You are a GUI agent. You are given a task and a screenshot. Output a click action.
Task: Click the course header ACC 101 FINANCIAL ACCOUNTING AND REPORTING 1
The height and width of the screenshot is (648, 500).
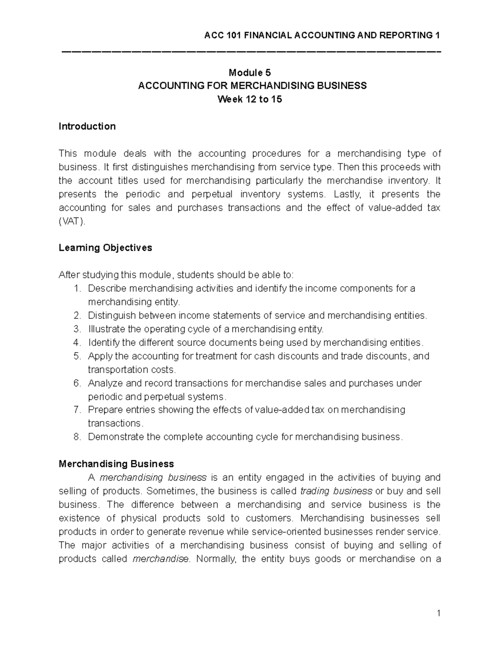click(322, 35)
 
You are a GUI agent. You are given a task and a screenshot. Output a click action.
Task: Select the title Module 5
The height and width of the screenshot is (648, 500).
click(252, 73)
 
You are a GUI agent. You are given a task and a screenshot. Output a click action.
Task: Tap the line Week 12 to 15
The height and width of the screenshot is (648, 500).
click(252, 99)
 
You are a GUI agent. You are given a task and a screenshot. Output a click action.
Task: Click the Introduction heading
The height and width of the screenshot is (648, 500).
click(87, 126)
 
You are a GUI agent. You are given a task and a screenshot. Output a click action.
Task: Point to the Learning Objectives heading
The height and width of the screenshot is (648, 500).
click(105, 248)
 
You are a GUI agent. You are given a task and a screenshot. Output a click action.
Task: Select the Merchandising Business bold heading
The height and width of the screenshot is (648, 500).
click(116, 464)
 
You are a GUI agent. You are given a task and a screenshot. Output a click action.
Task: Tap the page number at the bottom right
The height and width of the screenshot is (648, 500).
click(439, 613)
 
